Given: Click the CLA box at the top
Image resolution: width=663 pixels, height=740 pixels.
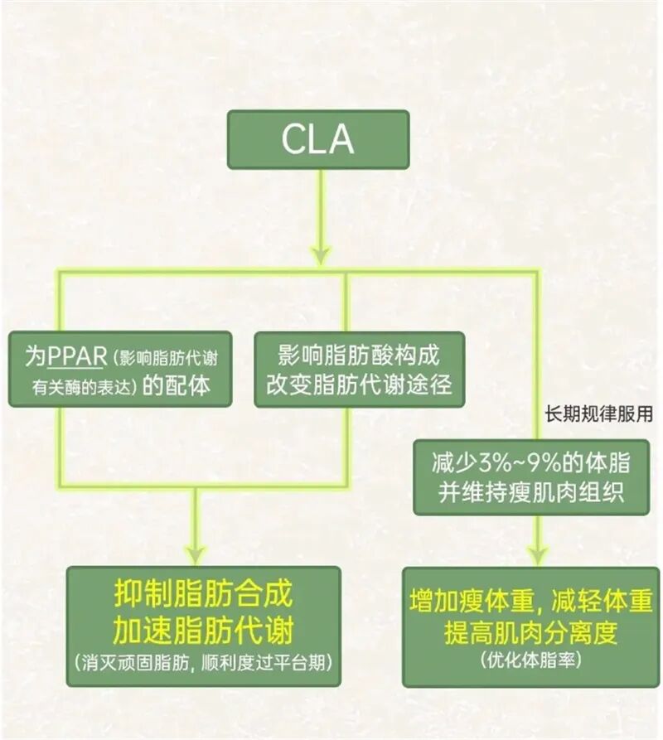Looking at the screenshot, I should pos(317,139).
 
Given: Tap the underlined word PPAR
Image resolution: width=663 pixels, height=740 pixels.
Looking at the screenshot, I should pos(77,356).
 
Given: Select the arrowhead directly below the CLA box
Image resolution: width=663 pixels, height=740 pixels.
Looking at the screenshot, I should pos(321,254).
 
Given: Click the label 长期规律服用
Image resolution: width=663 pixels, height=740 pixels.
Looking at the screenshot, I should pos(598,414).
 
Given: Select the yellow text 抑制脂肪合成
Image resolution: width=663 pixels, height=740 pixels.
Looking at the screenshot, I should pos(203,594).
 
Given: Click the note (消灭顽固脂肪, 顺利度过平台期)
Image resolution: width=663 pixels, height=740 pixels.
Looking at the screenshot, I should pos(203,663).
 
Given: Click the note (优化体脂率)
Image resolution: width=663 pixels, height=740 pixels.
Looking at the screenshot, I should pos(531,660).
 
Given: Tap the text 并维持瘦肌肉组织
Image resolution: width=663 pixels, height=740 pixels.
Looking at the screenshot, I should pos(531,492).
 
